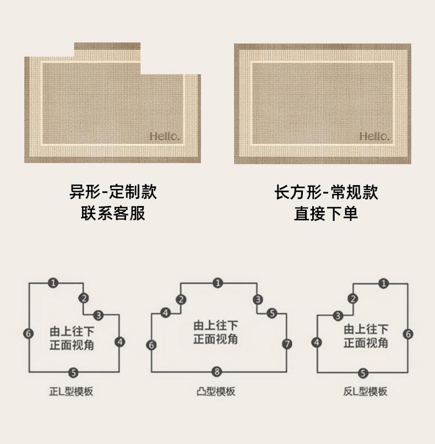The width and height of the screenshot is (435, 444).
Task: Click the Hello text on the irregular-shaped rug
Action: point(165,137)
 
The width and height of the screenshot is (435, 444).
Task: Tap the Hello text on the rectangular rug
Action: point(374,137)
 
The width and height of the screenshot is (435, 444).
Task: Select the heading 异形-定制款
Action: point(113,192)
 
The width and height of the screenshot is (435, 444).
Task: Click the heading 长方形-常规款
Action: point(326,192)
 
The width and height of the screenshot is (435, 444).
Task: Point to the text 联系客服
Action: point(113,213)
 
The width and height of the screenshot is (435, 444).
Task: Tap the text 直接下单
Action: point(326,214)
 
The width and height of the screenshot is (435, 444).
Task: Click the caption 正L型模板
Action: point(71,392)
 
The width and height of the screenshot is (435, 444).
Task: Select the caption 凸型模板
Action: point(216,392)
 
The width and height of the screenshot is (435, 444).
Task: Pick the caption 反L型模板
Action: point(365,392)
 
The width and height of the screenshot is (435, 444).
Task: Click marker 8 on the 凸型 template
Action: point(217,371)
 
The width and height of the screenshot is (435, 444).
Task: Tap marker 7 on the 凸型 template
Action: point(287,344)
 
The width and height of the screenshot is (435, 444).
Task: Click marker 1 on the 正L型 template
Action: point(53,283)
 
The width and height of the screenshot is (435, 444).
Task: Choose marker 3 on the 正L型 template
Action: point(98,315)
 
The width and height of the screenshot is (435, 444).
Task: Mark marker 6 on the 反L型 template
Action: point(408,334)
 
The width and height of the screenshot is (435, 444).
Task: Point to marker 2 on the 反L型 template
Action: point(352,299)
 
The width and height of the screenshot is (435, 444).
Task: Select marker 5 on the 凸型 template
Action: point(272,313)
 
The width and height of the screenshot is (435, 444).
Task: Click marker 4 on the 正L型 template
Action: point(119,342)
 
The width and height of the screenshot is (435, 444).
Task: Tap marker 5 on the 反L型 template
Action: point(363,373)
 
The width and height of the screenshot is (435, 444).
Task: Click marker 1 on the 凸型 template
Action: point(218,283)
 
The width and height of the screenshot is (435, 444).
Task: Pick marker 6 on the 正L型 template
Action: point(28,334)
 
